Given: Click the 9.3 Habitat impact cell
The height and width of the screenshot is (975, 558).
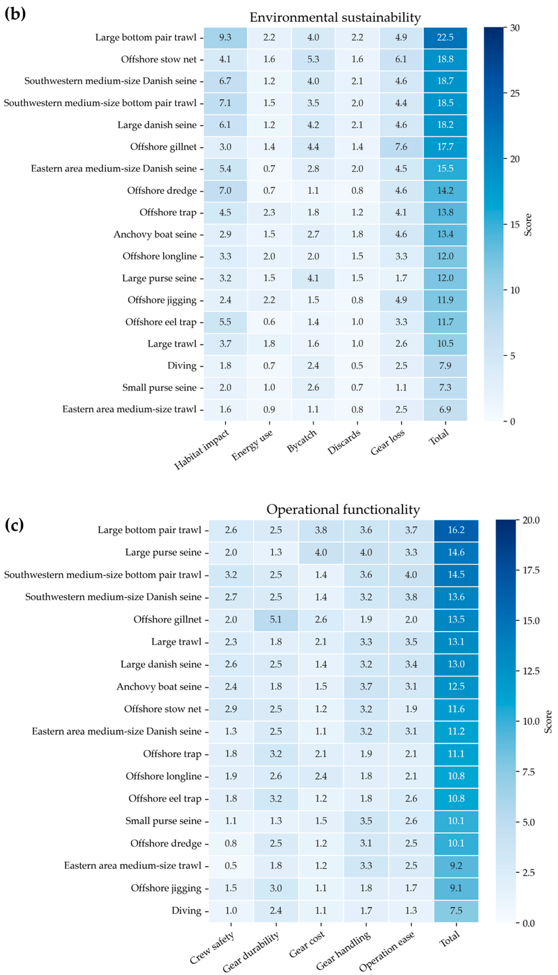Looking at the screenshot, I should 225,38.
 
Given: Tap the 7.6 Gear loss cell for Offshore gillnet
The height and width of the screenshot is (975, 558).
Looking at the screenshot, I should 401,147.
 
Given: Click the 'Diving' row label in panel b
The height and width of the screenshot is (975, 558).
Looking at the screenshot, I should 182,366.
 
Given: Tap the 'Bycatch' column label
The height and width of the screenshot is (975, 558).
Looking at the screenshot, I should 302,441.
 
